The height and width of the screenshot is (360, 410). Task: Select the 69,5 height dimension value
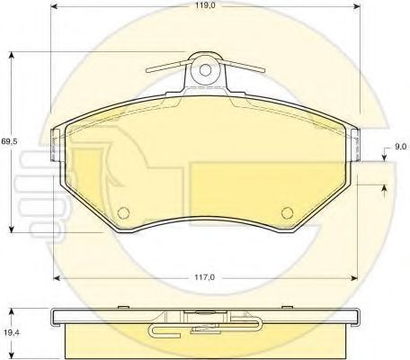coord(9,141)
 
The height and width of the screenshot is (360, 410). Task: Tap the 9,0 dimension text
coord(400,147)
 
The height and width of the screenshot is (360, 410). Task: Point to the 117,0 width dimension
coord(205,277)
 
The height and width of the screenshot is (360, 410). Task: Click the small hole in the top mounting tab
coord(205,70)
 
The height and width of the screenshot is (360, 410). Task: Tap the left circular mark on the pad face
coord(123,212)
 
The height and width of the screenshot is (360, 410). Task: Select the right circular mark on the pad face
coord(287,212)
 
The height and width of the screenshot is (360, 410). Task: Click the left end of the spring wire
coord(148,71)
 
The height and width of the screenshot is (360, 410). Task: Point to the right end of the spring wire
coord(263,71)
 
